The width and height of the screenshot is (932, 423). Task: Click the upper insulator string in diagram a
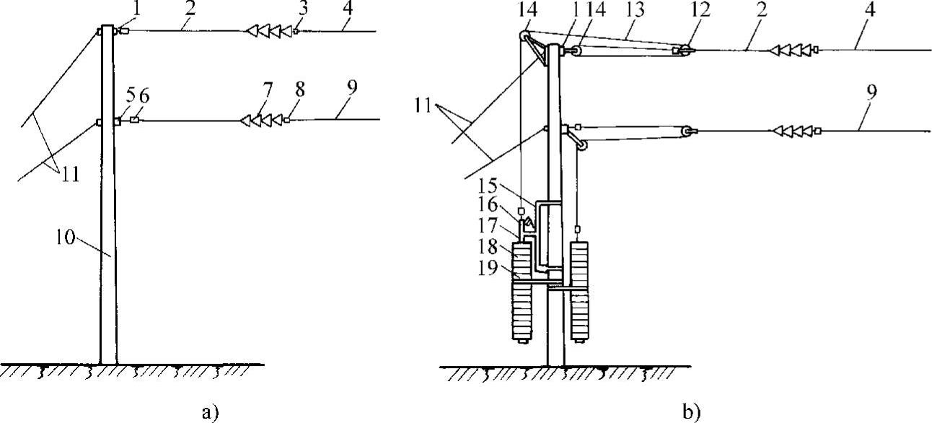[x=268, y=32]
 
